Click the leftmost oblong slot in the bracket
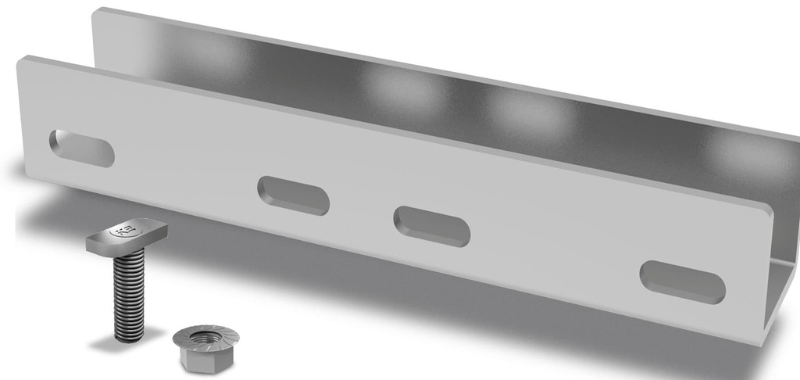point(81,148)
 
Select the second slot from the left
point(293,195)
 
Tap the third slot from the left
point(432,226)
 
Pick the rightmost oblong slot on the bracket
point(682,282)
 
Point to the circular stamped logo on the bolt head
point(120,231)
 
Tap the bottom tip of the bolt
point(129,336)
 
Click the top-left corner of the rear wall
point(96,12)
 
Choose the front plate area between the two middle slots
point(362,211)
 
